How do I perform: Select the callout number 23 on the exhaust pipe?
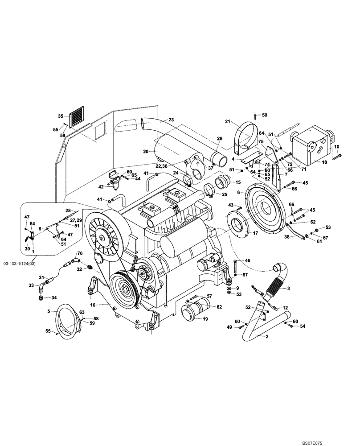(x=172, y=120)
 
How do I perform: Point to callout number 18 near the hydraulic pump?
(x=324, y=162)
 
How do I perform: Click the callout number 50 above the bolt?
(x=264, y=115)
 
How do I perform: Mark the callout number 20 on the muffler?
(x=145, y=151)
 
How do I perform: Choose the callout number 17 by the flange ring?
(x=255, y=233)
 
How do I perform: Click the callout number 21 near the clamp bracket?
(x=227, y=122)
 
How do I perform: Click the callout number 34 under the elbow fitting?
(x=42, y=298)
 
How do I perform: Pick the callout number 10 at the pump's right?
(x=336, y=146)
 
